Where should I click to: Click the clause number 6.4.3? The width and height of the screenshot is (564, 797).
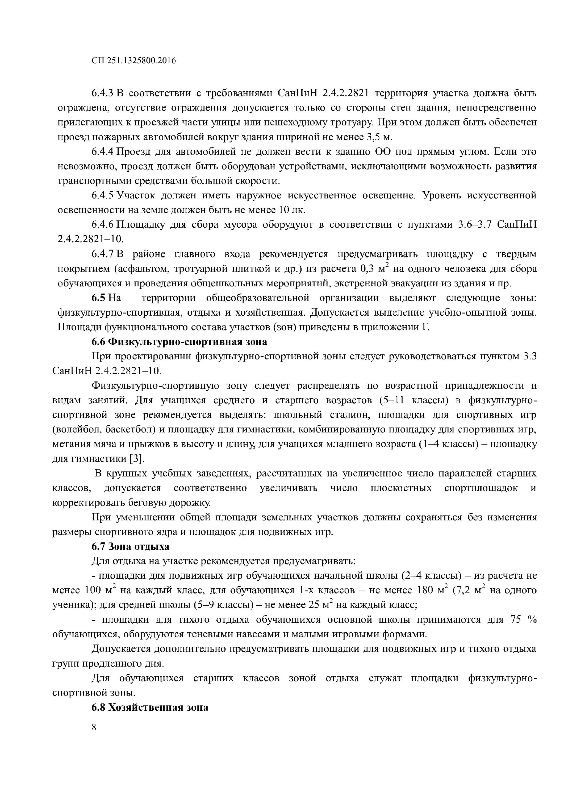pos(103,93)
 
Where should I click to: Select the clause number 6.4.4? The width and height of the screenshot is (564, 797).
pos(103,152)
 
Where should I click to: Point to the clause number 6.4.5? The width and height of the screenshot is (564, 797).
pos(103,196)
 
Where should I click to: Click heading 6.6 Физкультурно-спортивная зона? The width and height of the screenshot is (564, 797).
pos(179,342)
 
